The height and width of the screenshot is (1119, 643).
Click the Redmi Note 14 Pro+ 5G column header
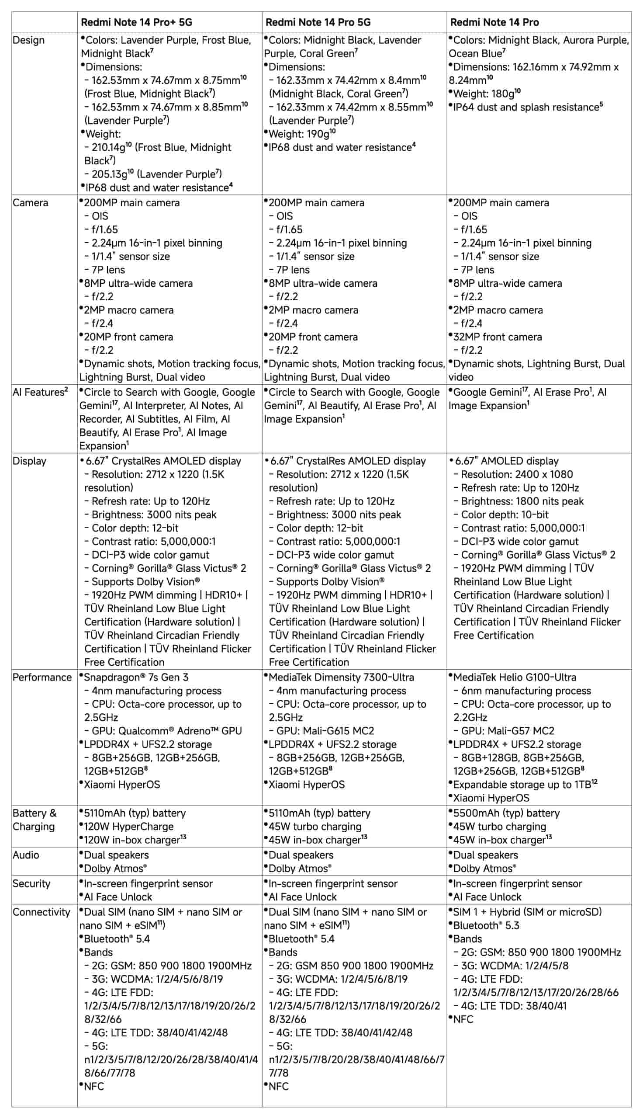[136, 22]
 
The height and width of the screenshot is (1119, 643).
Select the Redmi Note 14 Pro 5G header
[318, 22]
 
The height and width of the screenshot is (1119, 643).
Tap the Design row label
[29, 40]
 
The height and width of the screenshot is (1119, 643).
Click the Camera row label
[30, 203]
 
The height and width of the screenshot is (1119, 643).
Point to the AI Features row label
[40, 392]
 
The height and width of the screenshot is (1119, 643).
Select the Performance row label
[42, 677]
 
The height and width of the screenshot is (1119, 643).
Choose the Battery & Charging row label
[35, 820]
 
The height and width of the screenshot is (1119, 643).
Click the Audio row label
[26, 855]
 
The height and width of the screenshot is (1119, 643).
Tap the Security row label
[31, 883]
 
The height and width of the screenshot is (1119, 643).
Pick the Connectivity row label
[41, 912]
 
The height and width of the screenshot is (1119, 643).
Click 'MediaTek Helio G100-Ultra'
[514, 677]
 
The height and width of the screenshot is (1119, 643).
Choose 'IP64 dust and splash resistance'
[526, 108]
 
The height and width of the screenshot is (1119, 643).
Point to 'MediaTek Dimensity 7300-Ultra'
[341, 677]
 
